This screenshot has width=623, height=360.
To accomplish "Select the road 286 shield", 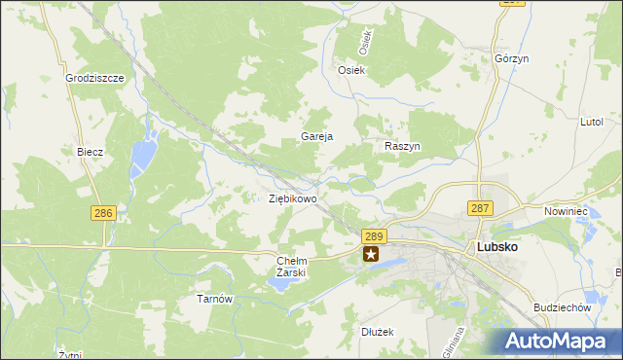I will click(x=103, y=213).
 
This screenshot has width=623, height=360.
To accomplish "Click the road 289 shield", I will click(x=375, y=236).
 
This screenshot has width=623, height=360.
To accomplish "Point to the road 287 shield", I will click(x=481, y=208).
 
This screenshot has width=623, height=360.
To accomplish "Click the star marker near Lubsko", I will click(x=371, y=255).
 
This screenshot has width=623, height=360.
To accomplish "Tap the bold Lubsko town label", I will click(x=497, y=247).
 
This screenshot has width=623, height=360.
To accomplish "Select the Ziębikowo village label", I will click(x=292, y=198).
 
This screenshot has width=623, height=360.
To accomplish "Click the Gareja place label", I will click(x=317, y=136).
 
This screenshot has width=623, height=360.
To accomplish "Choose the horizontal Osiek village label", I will click(x=350, y=70).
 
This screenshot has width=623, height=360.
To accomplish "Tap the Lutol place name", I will click(x=592, y=123).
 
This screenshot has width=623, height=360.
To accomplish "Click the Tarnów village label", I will click(x=215, y=299).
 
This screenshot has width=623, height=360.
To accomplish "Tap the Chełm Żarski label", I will click(x=292, y=267).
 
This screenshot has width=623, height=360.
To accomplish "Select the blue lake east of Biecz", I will click(x=144, y=152).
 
